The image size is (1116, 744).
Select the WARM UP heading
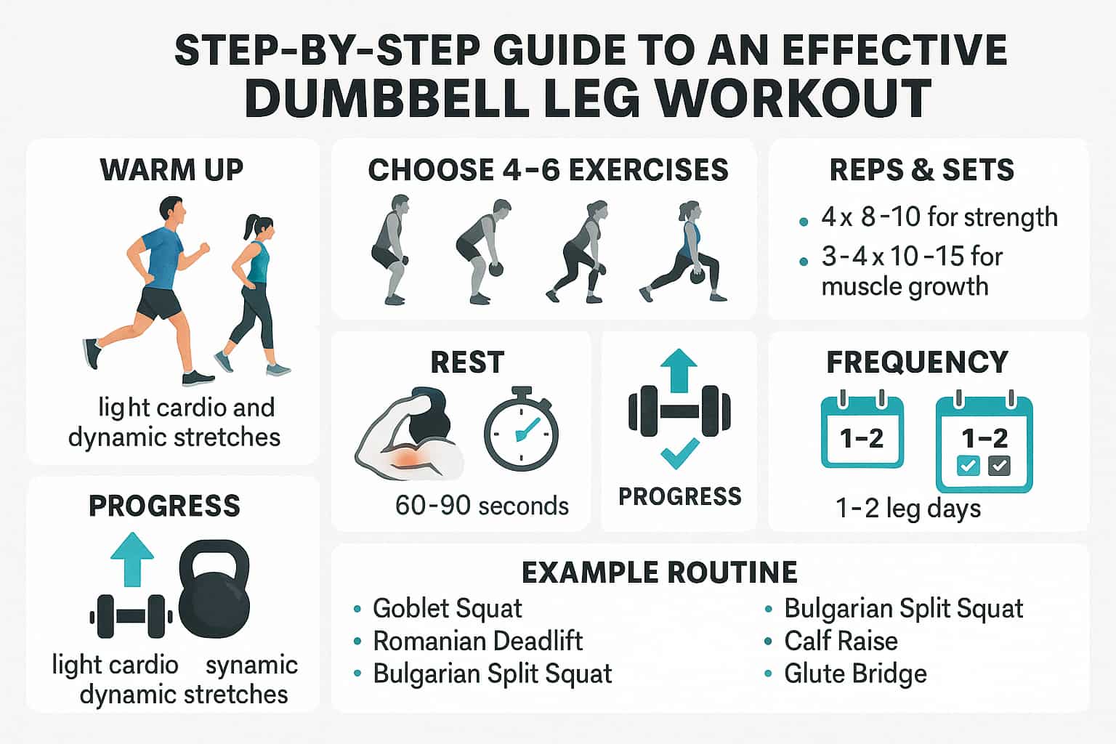[x=171, y=169]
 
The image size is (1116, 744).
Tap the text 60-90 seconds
[x=482, y=506]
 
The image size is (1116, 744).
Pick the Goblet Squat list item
[x=447, y=608]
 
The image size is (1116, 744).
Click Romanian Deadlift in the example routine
[x=477, y=641]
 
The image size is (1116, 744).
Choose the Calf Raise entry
[x=841, y=641]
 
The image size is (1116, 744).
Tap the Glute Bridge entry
[x=855, y=674]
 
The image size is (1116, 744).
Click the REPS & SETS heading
[x=921, y=169]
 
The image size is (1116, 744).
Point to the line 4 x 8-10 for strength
[x=939, y=217]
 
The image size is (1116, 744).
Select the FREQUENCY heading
[x=917, y=362]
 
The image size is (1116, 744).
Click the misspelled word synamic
[x=251, y=665]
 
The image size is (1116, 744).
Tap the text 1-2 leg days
[x=907, y=508]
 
